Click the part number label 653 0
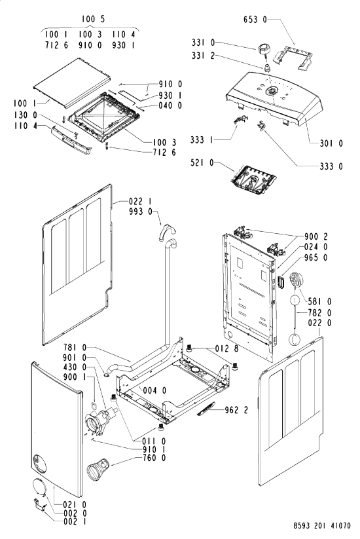pos(255,20)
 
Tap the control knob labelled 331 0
pos(263,49)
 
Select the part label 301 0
pos(331,143)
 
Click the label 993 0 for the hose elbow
pos(141,212)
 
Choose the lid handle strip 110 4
pos(71,140)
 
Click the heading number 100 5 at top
pos(93,19)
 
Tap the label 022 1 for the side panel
pos(140,202)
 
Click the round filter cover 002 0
pos(39,487)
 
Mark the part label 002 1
pos(75,521)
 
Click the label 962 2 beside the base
pos(236,410)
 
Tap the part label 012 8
pos(226,348)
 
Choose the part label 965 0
pos(315,257)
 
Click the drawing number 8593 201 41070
pos(322,526)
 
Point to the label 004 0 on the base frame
pos(154,390)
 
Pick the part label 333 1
pos(202,140)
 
